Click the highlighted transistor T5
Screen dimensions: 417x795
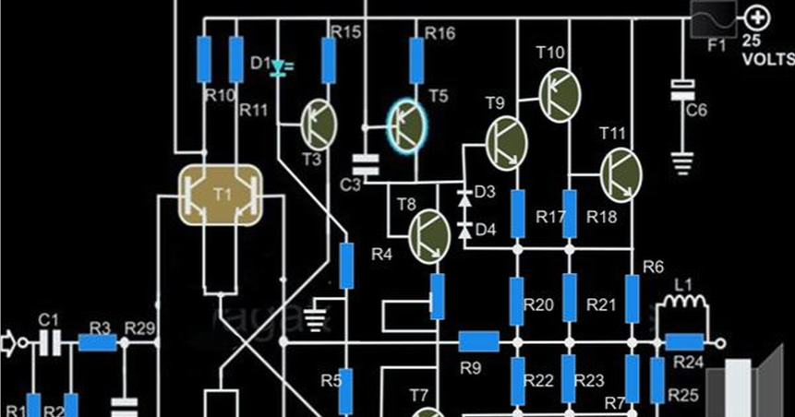406,125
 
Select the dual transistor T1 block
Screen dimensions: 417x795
222,196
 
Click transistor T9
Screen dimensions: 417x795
505,142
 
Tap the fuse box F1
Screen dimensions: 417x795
713,18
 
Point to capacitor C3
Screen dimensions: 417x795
367,165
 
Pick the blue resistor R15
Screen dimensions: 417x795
327,61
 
